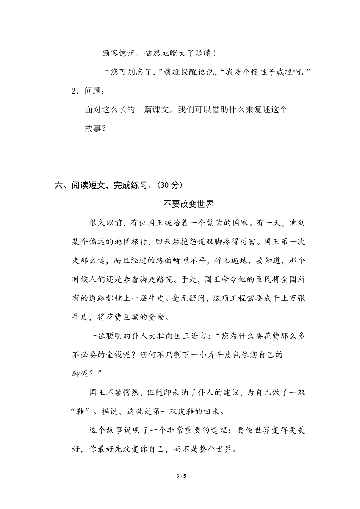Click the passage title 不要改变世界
click(x=188, y=204)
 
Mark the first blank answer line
click(x=194, y=151)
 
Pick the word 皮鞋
click(x=180, y=412)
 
